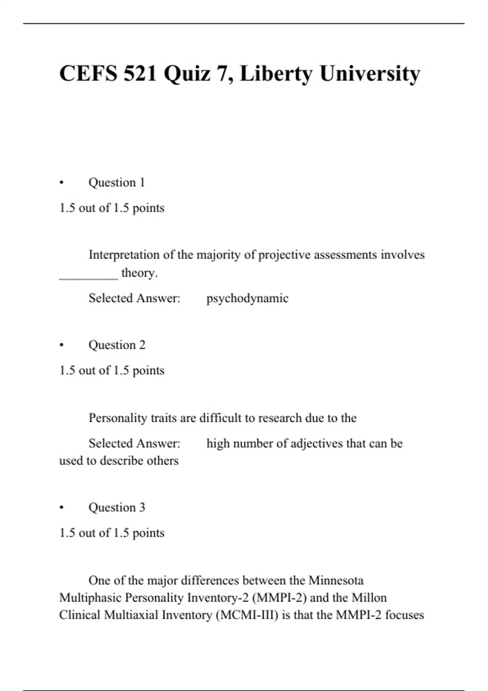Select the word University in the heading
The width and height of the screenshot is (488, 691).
coord(370,74)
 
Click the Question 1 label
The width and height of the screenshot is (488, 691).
coord(117,183)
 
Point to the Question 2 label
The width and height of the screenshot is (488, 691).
coord(117,345)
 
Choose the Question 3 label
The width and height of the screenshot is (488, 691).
coord(117,508)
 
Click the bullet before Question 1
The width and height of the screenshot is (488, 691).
coord(61,183)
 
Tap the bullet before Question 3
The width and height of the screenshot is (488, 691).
coord(61,508)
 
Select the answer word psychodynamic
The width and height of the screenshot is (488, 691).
coord(247,298)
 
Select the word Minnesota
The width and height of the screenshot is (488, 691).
coord(336,580)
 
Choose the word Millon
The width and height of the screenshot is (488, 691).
coord(369,598)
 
